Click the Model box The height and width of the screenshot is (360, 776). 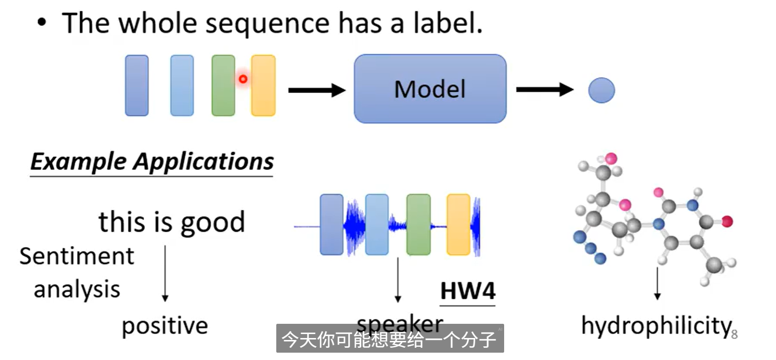(430, 89)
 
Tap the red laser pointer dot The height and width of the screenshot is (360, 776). (243, 79)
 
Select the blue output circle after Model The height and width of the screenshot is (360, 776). (601, 90)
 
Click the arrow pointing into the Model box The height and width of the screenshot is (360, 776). (317, 90)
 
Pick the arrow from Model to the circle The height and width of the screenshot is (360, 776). (545, 90)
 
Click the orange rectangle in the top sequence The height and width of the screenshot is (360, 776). (263, 85)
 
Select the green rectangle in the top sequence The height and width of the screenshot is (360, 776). (223, 85)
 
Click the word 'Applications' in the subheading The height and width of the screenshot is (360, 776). (204, 161)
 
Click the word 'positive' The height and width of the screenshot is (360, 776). (165, 326)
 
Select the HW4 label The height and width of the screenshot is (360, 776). (467, 291)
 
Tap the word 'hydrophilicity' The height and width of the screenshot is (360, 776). (657, 326)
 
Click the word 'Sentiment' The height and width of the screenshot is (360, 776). (77, 256)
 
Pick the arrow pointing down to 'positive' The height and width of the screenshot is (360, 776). (165, 273)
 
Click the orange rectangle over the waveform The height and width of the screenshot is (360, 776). (458, 225)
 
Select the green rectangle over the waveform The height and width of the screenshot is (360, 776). (419, 225)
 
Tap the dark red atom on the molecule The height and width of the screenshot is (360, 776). (727, 222)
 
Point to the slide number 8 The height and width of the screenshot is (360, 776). (734, 335)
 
